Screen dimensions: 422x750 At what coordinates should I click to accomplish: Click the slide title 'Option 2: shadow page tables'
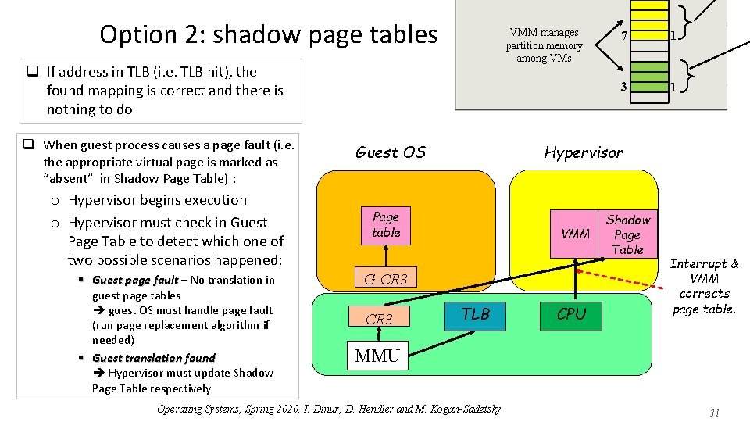coord(269,34)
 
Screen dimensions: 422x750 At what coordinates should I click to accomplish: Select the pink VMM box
coord(575,234)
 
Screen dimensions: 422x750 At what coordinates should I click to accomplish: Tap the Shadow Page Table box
coord(627,234)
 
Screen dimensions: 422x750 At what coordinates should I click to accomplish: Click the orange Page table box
coord(386,225)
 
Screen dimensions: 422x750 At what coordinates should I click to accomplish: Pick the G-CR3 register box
coord(387,279)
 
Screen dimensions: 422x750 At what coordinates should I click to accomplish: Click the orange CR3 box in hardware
coord(379,319)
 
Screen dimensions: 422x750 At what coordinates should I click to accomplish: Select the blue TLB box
coord(475,314)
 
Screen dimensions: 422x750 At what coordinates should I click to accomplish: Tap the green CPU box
coord(571,314)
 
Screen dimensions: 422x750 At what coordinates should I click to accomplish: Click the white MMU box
coord(377,356)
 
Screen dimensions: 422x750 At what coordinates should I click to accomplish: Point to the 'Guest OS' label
coord(390,152)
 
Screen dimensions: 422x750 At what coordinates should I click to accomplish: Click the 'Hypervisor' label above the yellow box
coord(584,152)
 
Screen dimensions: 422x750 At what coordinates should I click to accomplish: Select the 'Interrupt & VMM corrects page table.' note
coord(704,286)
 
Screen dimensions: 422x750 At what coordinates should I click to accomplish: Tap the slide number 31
coord(713,413)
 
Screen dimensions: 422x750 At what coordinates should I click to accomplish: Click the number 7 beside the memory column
coord(623,38)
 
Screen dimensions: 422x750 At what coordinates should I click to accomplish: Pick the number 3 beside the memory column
coord(623,86)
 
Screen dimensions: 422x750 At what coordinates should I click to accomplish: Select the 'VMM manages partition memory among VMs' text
coord(544,45)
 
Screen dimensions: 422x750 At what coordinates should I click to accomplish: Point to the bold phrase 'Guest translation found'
coord(153,358)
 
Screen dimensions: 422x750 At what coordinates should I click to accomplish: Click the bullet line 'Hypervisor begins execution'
coord(157,200)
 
